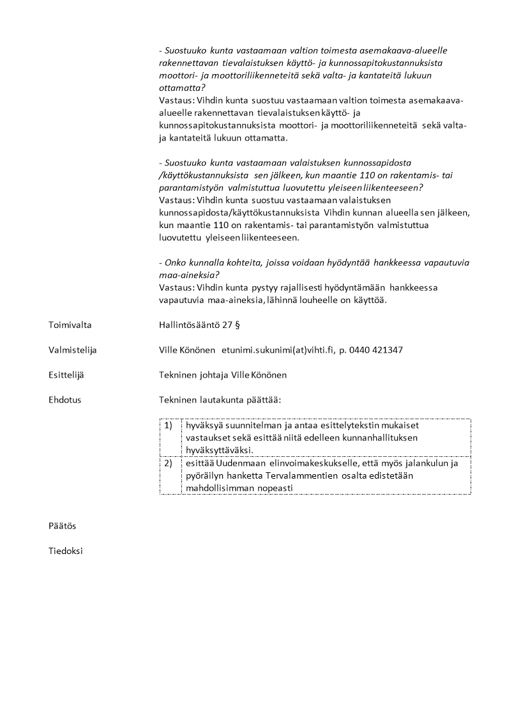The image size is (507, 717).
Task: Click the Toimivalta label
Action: click(70, 325)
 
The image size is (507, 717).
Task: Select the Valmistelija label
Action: click(72, 350)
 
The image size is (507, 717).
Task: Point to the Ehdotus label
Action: click(64, 400)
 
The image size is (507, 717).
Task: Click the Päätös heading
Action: click(62, 526)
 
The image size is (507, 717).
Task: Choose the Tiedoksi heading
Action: click(66, 551)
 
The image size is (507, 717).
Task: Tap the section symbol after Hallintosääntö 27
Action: click(237, 325)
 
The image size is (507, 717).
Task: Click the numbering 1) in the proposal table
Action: click(169, 425)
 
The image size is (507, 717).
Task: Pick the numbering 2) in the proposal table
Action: click(169, 463)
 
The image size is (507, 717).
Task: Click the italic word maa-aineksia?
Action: click(189, 275)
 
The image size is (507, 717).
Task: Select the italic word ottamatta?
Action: click(182, 88)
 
